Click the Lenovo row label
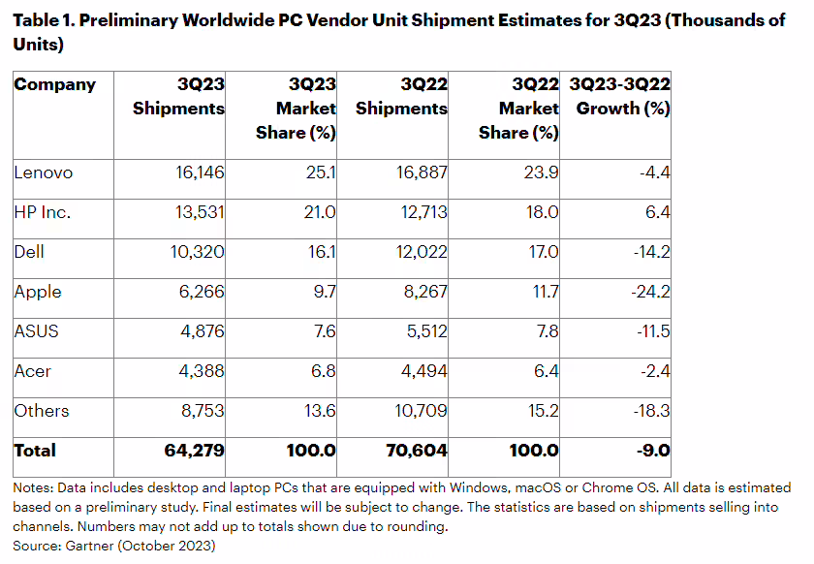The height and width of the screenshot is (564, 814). click(44, 173)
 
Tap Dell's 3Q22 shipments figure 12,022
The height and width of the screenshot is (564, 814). click(421, 253)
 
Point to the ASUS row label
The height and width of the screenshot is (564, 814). click(37, 331)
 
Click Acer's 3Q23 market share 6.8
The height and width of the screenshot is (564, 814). click(321, 371)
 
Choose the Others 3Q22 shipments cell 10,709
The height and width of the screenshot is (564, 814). click(421, 411)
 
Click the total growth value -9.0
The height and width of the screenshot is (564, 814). click(650, 451)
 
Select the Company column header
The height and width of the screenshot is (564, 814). click(55, 84)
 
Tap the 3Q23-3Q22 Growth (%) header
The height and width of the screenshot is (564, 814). click(621, 96)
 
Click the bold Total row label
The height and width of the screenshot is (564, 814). click(35, 451)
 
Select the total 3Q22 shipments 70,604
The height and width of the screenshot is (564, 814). click(418, 451)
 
